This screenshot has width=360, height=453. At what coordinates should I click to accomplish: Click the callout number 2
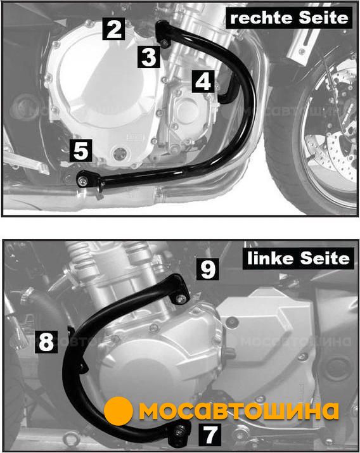[x=114, y=29]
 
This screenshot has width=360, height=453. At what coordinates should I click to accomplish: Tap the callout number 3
[x=148, y=56]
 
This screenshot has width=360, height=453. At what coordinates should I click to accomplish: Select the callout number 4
[x=203, y=82]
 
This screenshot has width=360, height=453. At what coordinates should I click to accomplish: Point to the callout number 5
[x=81, y=150]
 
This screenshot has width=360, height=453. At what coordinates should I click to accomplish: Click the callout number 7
[x=210, y=435]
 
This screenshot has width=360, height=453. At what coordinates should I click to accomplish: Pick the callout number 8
[x=46, y=341]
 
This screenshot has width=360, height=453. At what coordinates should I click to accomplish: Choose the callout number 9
[x=208, y=269]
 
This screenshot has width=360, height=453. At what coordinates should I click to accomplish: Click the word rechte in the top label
[x=261, y=18]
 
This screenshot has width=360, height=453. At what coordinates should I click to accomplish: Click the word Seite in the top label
[x=323, y=18]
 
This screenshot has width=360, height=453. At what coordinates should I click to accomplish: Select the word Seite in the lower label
[x=325, y=258]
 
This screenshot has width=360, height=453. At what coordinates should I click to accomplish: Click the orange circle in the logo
[x=119, y=411]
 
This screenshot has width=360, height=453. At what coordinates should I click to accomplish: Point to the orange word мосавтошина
[x=239, y=411]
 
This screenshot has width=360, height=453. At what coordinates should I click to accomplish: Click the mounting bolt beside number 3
[x=165, y=44]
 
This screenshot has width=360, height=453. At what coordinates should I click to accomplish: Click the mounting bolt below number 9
[x=181, y=298]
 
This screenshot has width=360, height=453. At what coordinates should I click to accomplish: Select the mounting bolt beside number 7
[x=179, y=431]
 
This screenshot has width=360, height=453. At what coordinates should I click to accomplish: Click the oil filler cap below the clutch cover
[x=120, y=154]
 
